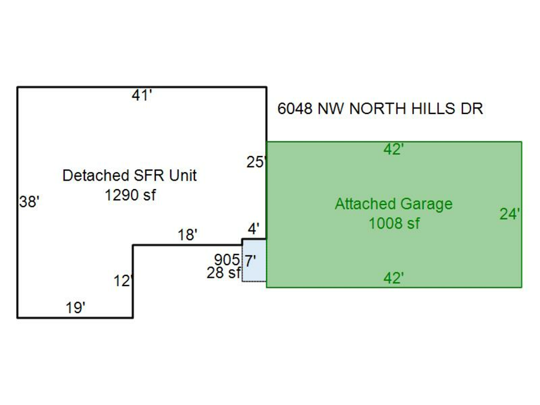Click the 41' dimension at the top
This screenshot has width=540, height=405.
(x=142, y=95)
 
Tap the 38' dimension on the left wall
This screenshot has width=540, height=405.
(x=29, y=202)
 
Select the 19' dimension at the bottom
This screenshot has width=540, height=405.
(x=76, y=308)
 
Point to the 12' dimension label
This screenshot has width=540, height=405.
(x=123, y=281)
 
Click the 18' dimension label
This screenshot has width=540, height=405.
(x=187, y=235)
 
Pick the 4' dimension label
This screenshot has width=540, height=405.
(x=254, y=229)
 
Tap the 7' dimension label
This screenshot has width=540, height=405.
(x=251, y=260)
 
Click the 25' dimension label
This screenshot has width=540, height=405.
(x=256, y=161)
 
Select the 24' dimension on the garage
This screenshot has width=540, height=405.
(x=509, y=214)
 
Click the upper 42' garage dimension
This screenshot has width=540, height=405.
(x=393, y=150)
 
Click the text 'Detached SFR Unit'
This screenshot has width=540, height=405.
(x=130, y=176)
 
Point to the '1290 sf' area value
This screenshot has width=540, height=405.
(x=130, y=195)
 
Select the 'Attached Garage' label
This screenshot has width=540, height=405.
(x=393, y=204)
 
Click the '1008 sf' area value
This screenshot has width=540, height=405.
(x=394, y=224)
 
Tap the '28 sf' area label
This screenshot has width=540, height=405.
(x=223, y=273)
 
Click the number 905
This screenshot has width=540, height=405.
(x=227, y=260)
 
